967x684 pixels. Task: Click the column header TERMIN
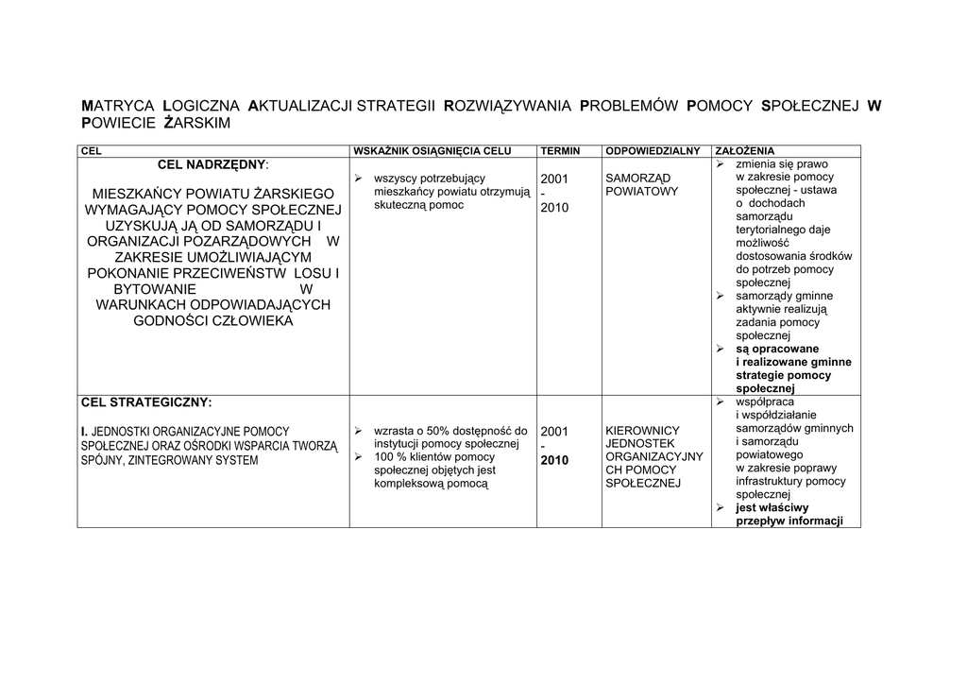coord(560,150)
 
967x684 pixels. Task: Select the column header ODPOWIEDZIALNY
coord(652,150)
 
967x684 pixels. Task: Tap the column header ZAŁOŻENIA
coord(745,150)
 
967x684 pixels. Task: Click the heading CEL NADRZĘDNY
coord(212,164)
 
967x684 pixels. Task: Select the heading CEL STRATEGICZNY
coord(146,401)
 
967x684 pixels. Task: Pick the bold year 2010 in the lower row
coord(554,461)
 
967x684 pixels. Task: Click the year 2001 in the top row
coord(554,179)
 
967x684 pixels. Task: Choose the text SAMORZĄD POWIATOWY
coord(642,185)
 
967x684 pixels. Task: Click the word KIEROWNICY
coord(642,431)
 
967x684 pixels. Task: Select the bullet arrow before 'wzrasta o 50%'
coord(359,432)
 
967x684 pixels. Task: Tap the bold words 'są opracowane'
coord(777,349)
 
